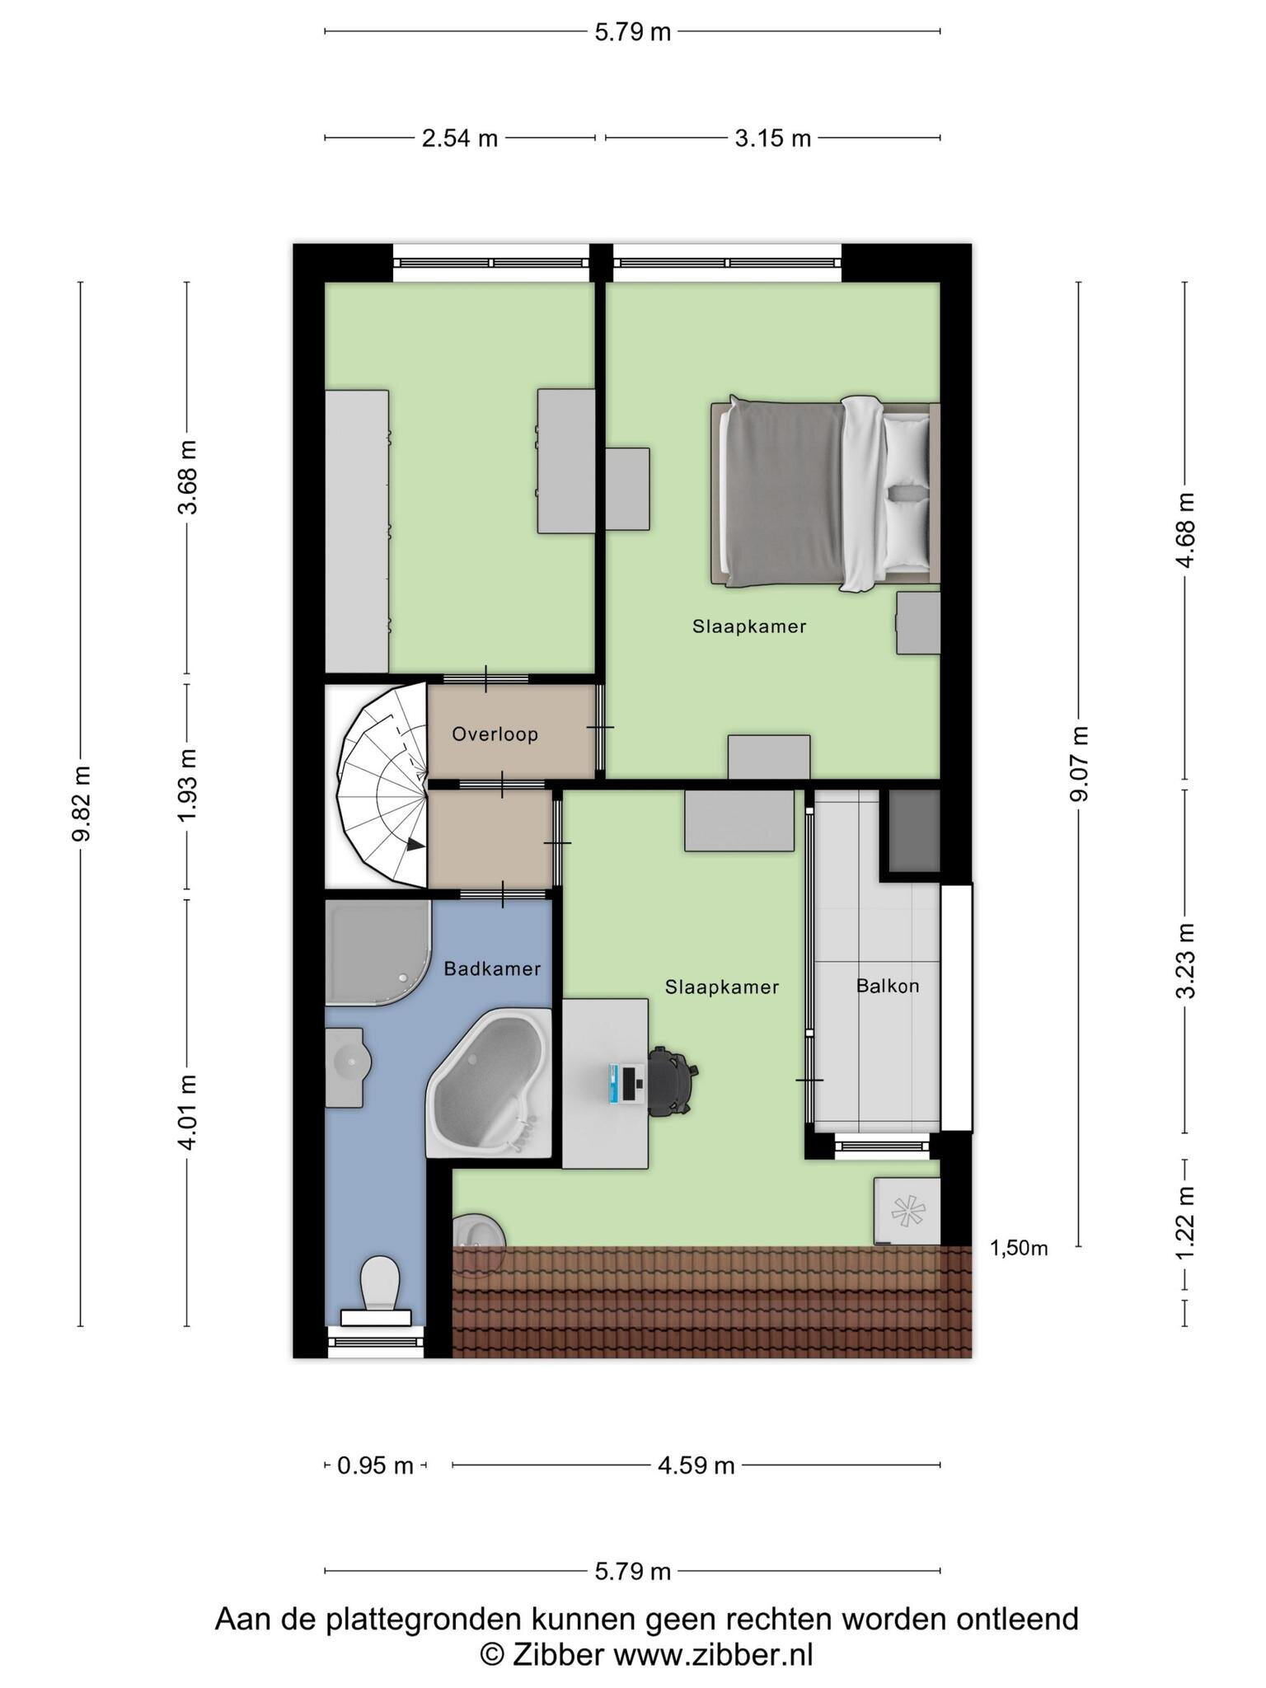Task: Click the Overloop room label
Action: click(x=495, y=734)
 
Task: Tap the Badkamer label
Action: click(x=492, y=968)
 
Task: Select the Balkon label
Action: click(x=888, y=985)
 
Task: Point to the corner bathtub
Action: click(x=490, y=1081)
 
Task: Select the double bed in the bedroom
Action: click(x=825, y=495)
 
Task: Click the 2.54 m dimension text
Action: click(x=460, y=138)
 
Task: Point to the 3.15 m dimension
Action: click(x=773, y=138)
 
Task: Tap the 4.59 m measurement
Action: click(x=696, y=1465)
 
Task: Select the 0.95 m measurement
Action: click(x=375, y=1465)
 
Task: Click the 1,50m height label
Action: click(x=1019, y=1249)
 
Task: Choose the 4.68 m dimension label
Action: click(x=1185, y=530)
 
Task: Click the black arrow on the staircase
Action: click(x=415, y=845)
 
